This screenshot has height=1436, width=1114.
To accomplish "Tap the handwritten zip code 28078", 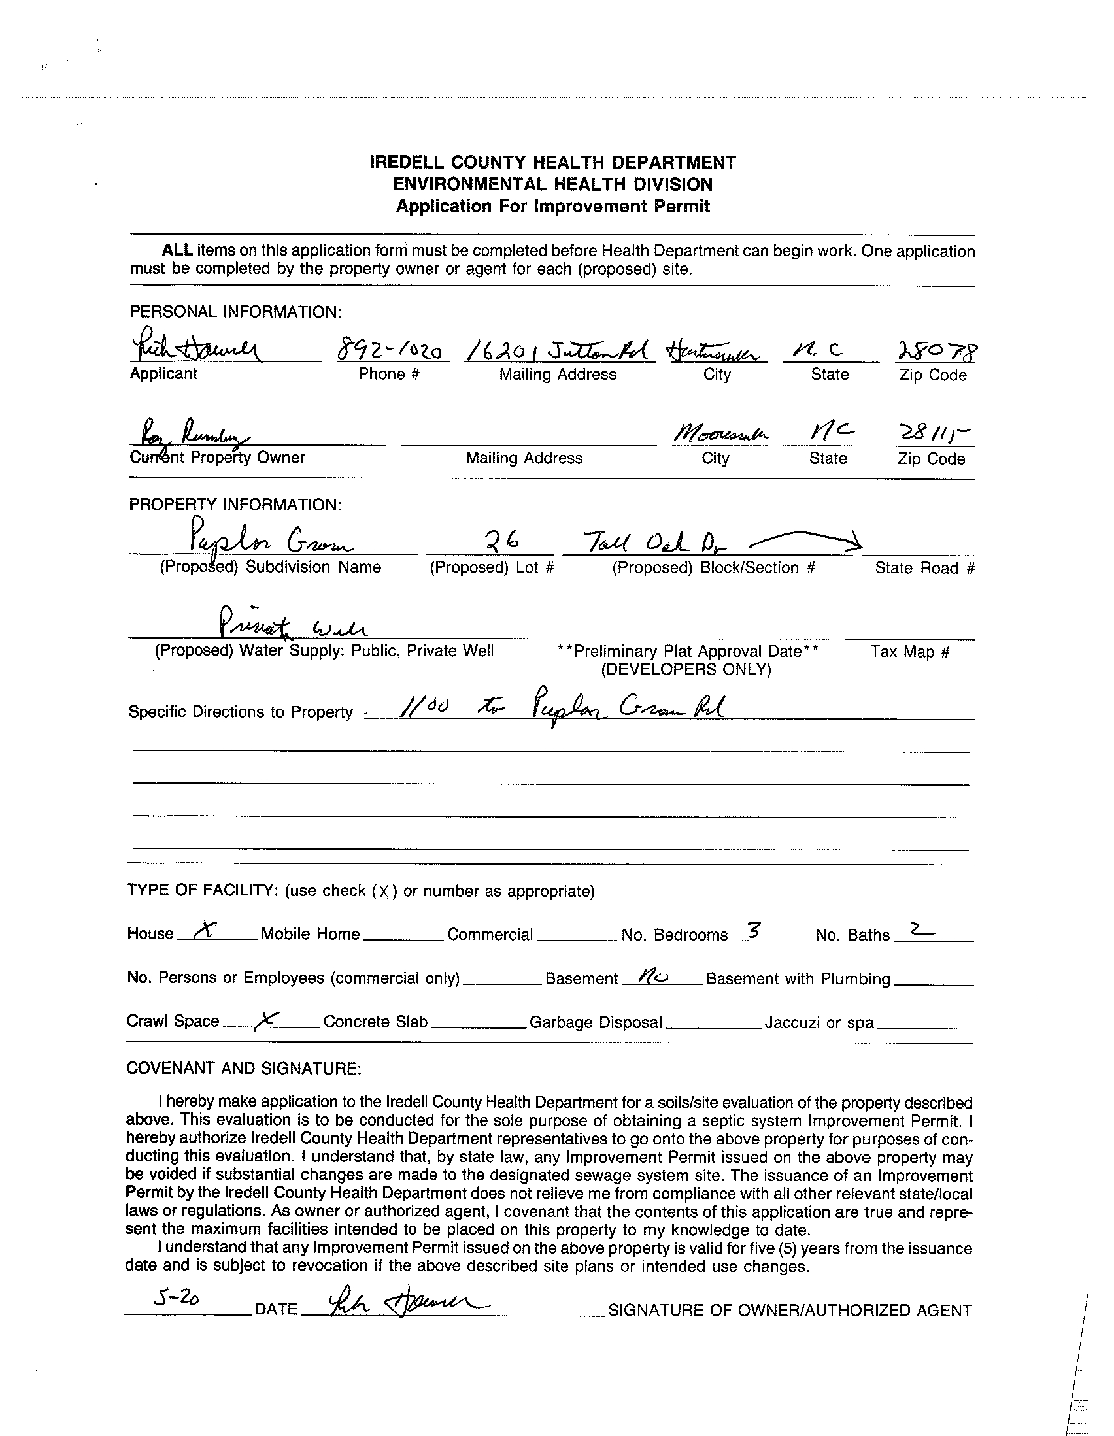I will (x=936, y=353).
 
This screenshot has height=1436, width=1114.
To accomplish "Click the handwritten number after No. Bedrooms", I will (x=755, y=930).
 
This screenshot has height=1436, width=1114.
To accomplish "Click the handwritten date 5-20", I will (x=176, y=1297).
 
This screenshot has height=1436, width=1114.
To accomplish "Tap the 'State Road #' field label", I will (x=924, y=568).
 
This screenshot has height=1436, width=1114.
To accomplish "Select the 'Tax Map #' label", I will (x=909, y=652).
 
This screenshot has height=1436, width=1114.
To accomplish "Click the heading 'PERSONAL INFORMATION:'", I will (x=235, y=312).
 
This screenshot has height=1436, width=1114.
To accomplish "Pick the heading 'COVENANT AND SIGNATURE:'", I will (x=243, y=1069).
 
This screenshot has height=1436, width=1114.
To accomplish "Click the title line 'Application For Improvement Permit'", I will (x=552, y=207).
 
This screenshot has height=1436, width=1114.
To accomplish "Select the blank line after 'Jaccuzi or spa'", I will (x=924, y=1026).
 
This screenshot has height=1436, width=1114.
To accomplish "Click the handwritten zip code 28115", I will (x=933, y=435).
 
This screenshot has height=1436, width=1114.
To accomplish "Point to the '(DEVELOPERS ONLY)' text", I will (x=686, y=669).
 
